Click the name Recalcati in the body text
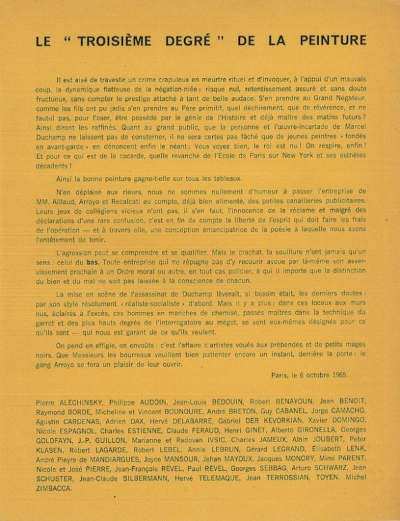point(146,198)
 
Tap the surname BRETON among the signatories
point(239,414)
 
